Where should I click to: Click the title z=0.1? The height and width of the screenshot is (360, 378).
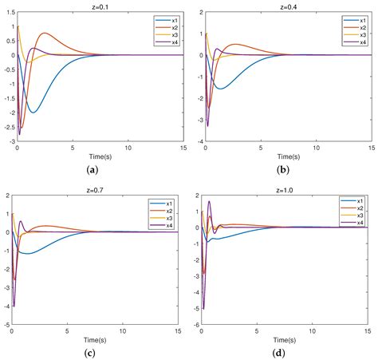pos(100,5)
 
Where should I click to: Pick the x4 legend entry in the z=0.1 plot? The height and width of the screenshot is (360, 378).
pos(166,42)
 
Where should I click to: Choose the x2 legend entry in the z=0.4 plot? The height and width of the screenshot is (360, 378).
pos(355,26)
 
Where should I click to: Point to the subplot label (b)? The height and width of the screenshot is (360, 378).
pos(282,169)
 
